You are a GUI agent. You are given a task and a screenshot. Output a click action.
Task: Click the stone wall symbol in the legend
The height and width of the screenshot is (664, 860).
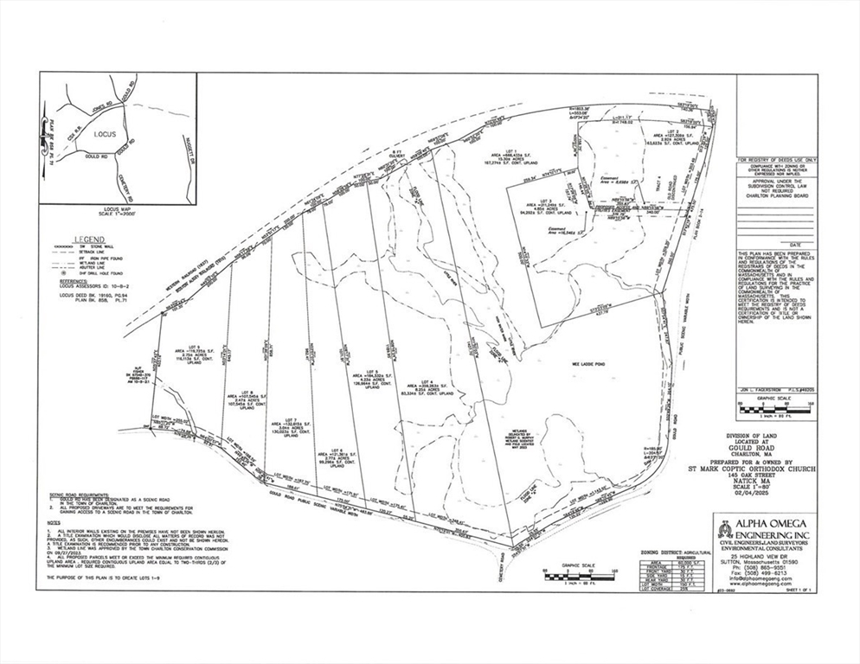[63, 246]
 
